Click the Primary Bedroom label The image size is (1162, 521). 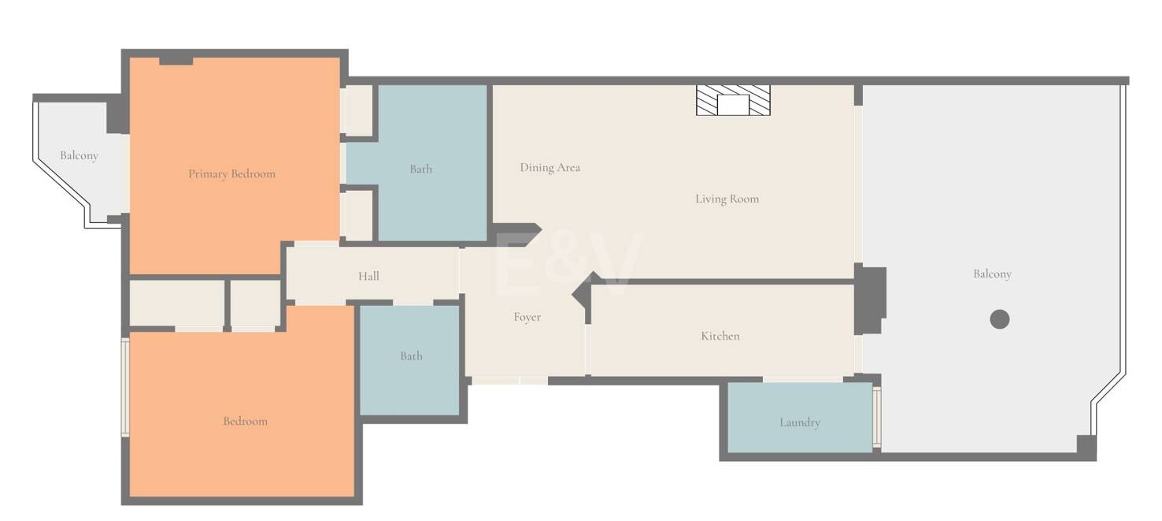(x=232, y=173)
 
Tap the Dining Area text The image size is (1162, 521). (x=550, y=167)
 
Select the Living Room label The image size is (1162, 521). (x=727, y=199)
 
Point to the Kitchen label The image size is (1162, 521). (x=720, y=336)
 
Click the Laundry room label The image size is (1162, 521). (x=799, y=422)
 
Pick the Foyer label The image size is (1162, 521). (x=527, y=317)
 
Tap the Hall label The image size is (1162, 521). (x=368, y=276)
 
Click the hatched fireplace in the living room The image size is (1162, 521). (x=733, y=101)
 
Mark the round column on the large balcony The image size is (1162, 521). (x=999, y=319)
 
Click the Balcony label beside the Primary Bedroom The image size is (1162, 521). (x=79, y=155)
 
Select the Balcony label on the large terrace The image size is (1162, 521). (x=992, y=274)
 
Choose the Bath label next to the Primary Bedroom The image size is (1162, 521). (x=420, y=169)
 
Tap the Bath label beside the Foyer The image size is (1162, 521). (x=411, y=355)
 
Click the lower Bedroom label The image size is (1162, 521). (x=246, y=421)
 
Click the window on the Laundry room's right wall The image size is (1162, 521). (x=877, y=417)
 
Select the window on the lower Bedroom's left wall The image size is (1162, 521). (x=124, y=387)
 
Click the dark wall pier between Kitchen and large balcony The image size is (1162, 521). (x=869, y=298)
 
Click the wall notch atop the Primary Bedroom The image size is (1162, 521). (x=176, y=61)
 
